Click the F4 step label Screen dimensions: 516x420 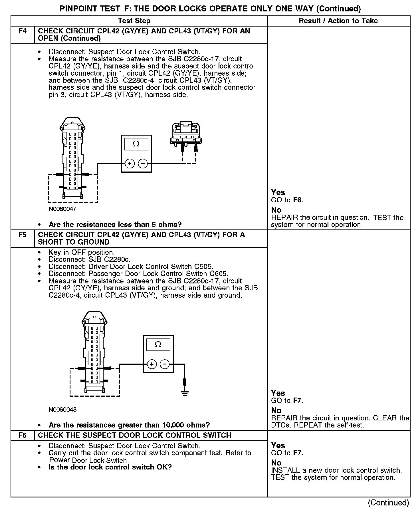coord(22,31)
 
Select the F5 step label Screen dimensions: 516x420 coord(22,235)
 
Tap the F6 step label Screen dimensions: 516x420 coord(22,436)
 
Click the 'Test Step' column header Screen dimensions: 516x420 coord(134,21)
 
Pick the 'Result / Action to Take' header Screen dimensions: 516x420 coord(338,21)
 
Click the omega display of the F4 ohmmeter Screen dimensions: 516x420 coord(136,144)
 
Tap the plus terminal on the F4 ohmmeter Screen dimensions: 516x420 coord(130,164)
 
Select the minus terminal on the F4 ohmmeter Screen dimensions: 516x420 coord(143,164)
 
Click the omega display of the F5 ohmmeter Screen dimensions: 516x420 coord(158,344)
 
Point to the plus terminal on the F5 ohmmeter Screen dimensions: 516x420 coord(152,364)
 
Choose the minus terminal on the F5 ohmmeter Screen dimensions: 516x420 coord(165,364)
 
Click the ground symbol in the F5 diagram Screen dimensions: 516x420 coord(185,393)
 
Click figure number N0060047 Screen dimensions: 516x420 coord(62,209)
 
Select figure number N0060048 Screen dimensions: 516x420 coord(62,410)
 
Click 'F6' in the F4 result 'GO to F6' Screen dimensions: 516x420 coord(297,200)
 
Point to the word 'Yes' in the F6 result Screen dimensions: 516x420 coord(278,446)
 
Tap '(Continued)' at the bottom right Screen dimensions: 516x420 coord(389,503)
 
